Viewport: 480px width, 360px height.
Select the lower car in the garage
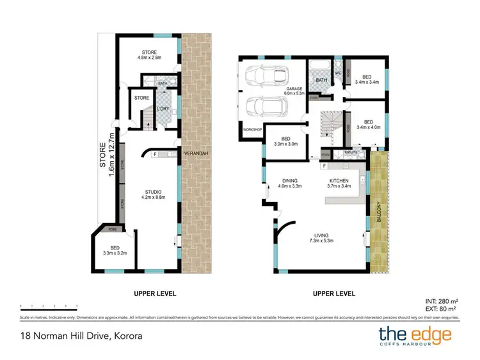(262, 105)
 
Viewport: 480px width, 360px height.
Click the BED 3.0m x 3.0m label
(286, 141)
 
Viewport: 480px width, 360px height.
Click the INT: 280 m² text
(441, 301)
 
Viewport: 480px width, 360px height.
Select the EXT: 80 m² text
(441, 309)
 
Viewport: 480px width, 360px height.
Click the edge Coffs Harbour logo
(415, 334)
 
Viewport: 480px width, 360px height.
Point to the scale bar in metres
(48, 306)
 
